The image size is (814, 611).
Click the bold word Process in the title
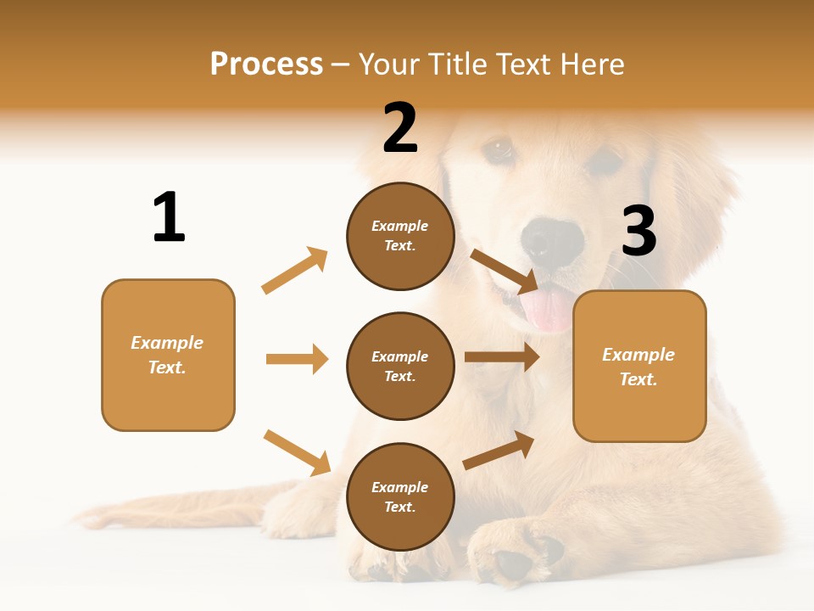tap(266, 64)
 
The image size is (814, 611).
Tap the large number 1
tap(169, 217)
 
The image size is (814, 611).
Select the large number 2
tap(400, 127)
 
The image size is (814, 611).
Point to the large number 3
tap(638, 231)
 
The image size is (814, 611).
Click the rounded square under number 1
tap(168, 355)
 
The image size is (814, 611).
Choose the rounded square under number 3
tap(639, 367)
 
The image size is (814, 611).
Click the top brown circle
tap(400, 236)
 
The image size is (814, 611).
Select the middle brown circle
tap(400, 367)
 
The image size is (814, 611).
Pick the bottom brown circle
tap(400, 497)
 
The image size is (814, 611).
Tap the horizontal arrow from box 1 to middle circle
tap(297, 359)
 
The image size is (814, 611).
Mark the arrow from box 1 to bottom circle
tap(297, 452)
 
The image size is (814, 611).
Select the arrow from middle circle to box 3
tap(502, 357)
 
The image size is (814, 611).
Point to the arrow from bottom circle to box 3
tap(499, 451)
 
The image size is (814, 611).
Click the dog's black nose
tap(552, 241)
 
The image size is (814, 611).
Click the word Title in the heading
tap(459, 64)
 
